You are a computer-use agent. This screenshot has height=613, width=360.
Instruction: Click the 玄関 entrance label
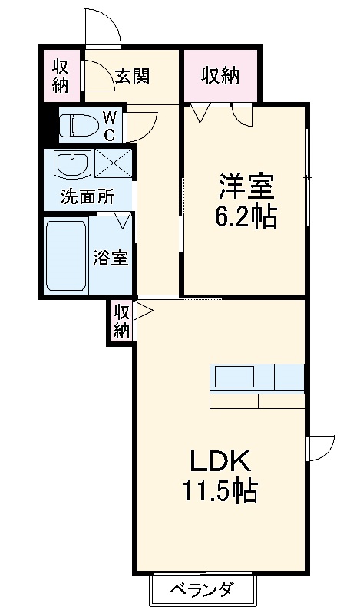(133, 76)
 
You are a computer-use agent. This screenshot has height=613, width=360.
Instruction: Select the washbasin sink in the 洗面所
(73, 164)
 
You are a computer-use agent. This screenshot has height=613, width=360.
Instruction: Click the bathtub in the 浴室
(66, 255)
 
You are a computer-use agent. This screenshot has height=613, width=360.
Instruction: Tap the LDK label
(220, 460)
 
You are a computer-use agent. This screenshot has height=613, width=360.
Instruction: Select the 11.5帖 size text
(220, 491)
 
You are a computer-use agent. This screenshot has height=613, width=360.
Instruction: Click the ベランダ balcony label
(203, 589)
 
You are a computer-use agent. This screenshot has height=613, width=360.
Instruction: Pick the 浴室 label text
(111, 258)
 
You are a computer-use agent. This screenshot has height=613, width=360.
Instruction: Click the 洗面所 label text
(88, 196)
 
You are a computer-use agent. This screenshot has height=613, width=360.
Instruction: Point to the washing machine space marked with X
(113, 164)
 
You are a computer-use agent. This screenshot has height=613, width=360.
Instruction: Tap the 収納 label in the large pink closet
(220, 76)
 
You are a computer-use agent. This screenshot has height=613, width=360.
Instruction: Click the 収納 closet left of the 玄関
(61, 75)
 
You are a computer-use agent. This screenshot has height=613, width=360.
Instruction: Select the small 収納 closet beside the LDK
(122, 321)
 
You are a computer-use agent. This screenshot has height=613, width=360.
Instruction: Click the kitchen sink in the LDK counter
(234, 377)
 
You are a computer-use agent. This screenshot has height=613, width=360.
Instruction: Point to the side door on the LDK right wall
(321, 448)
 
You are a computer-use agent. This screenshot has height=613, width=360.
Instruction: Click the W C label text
(110, 125)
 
